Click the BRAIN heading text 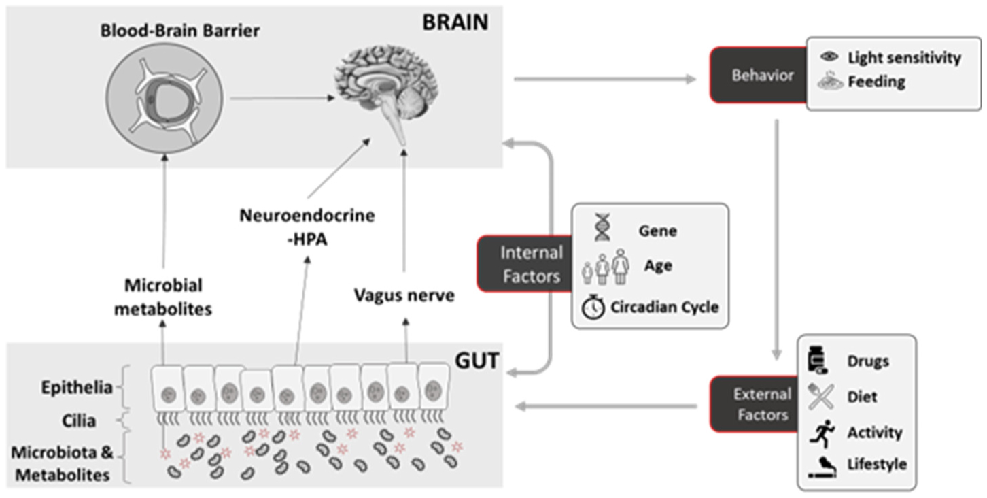[455, 22]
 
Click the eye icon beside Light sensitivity [829, 58]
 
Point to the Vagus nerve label [404, 296]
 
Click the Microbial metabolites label [163, 297]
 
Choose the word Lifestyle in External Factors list [877, 465]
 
